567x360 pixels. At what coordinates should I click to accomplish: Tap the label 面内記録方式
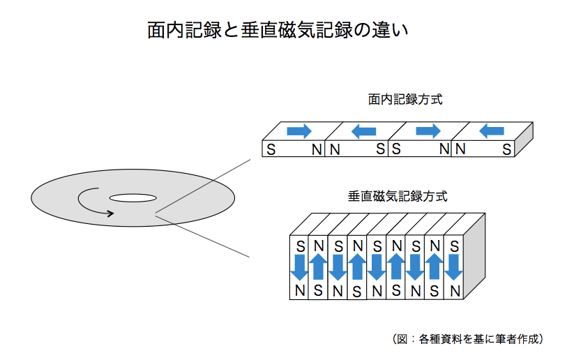click(x=405, y=99)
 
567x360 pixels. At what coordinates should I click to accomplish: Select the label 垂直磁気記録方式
click(x=398, y=196)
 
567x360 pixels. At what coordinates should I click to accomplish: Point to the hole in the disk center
click(x=132, y=198)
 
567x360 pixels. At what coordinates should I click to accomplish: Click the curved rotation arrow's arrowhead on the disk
click(x=109, y=213)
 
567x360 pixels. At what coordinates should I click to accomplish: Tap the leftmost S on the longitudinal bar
click(x=271, y=149)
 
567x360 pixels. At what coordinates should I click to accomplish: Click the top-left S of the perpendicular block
click(x=300, y=246)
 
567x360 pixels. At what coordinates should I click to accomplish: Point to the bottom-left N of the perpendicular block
click(x=300, y=290)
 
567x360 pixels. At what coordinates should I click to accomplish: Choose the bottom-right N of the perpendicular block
click(x=455, y=290)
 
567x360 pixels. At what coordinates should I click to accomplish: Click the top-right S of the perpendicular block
click(x=454, y=246)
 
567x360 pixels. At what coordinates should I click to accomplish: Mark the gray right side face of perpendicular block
click(x=474, y=258)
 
